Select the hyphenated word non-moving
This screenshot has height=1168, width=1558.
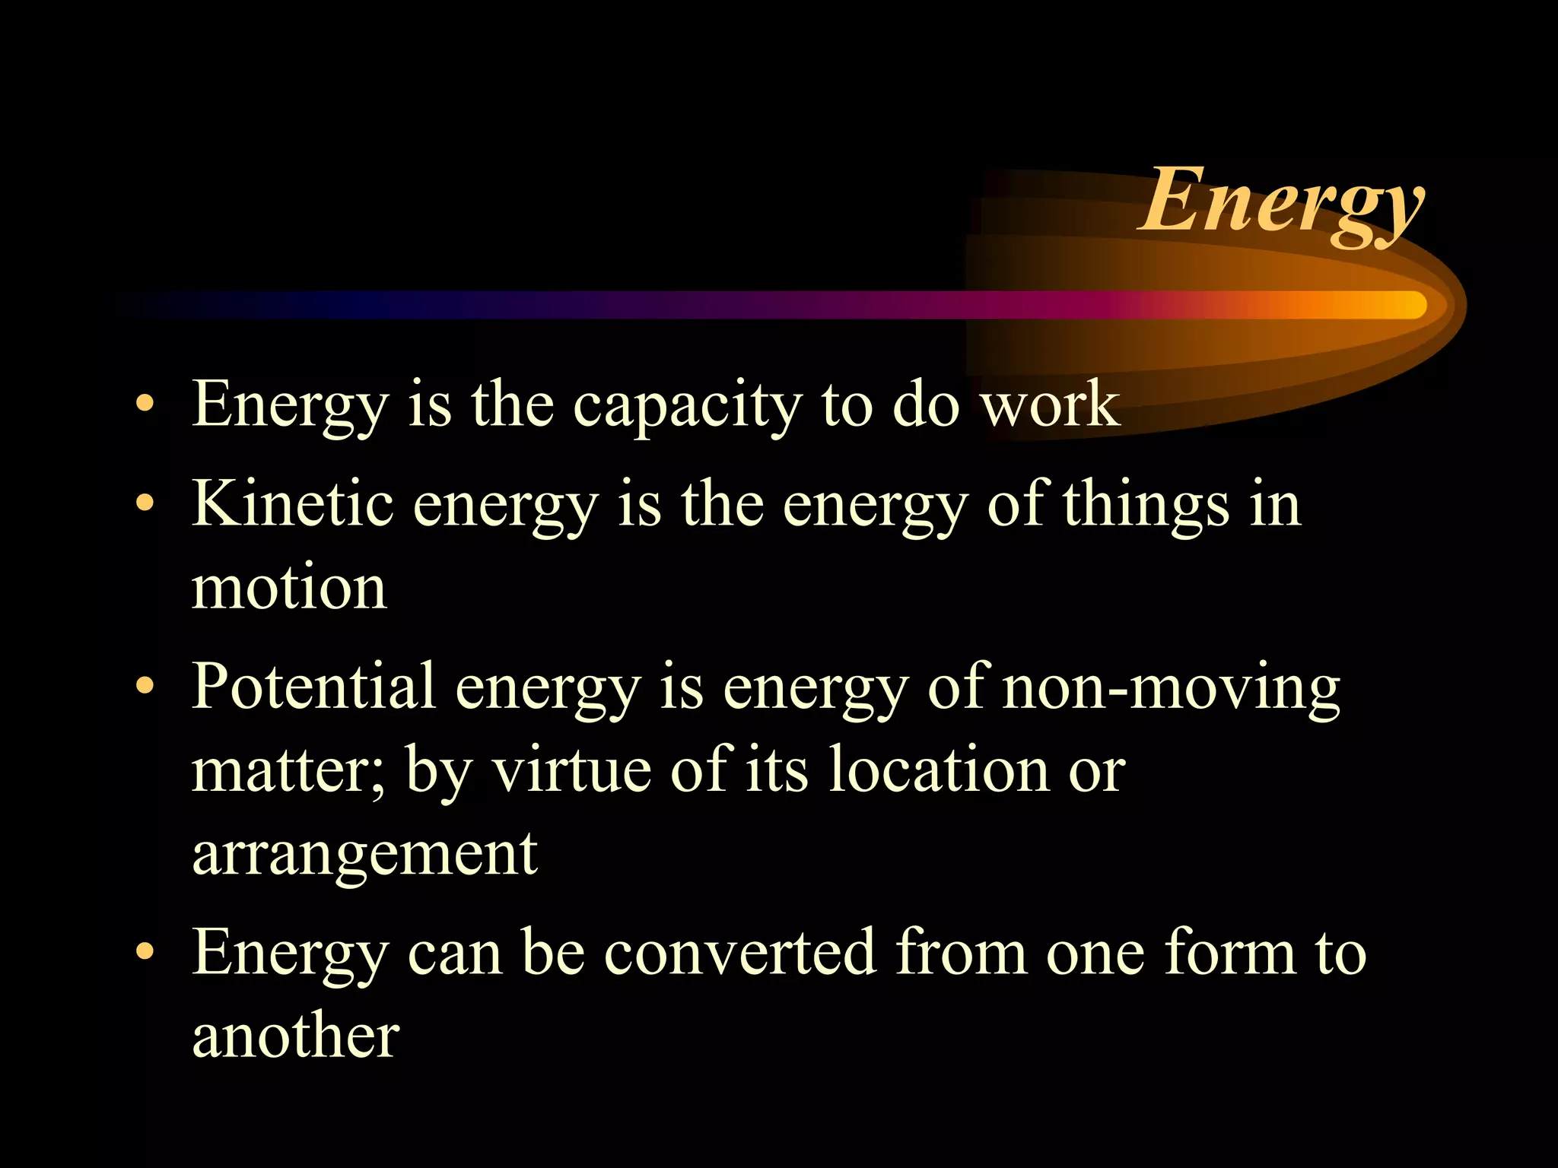[x=1171, y=689]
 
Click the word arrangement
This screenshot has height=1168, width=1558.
[x=365, y=856]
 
